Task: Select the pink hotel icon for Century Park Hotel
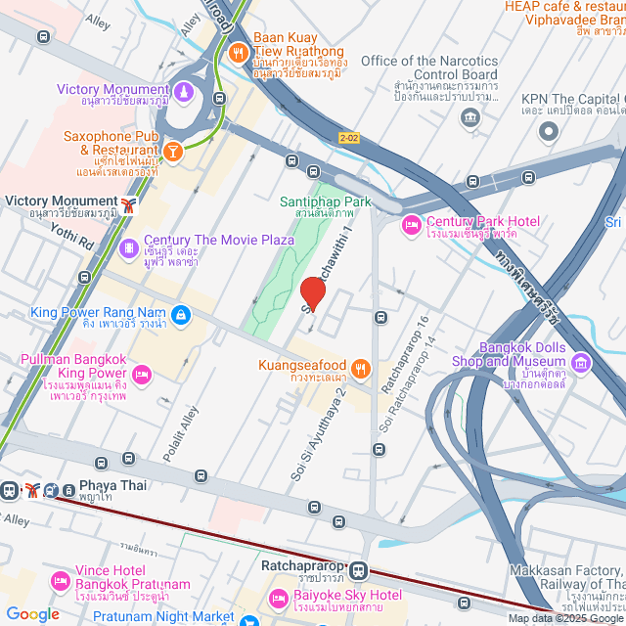coord(412,227)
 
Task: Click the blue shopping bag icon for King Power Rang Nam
coord(180,314)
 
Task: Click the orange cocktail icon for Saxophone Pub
coord(172,152)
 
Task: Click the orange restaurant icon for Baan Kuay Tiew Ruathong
coord(237,53)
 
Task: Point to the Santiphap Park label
coord(326,202)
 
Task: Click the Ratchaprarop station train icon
coord(359,569)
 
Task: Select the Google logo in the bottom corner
coord(32,613)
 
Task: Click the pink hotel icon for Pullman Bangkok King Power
coord(143,374)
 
